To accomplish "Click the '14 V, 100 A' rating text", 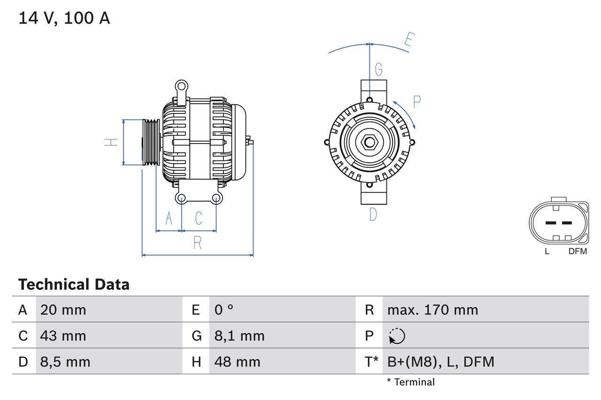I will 64,18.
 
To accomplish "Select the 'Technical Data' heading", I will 74,285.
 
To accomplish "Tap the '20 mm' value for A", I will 63,310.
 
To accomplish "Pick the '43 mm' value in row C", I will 63,336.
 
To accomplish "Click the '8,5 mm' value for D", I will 65,362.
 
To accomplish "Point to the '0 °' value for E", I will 224,310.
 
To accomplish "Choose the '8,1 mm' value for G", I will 239,336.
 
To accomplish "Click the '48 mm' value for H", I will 237,362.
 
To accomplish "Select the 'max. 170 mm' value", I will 432,310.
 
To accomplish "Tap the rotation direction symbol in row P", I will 397,336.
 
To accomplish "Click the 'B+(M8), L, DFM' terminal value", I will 440,362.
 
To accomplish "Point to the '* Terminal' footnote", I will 411,382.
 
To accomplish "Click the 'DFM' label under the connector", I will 578,251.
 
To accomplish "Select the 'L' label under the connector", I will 547,251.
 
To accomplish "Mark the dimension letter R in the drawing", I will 198,243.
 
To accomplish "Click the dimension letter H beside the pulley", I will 111,142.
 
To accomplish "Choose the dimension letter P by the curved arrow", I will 416,102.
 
